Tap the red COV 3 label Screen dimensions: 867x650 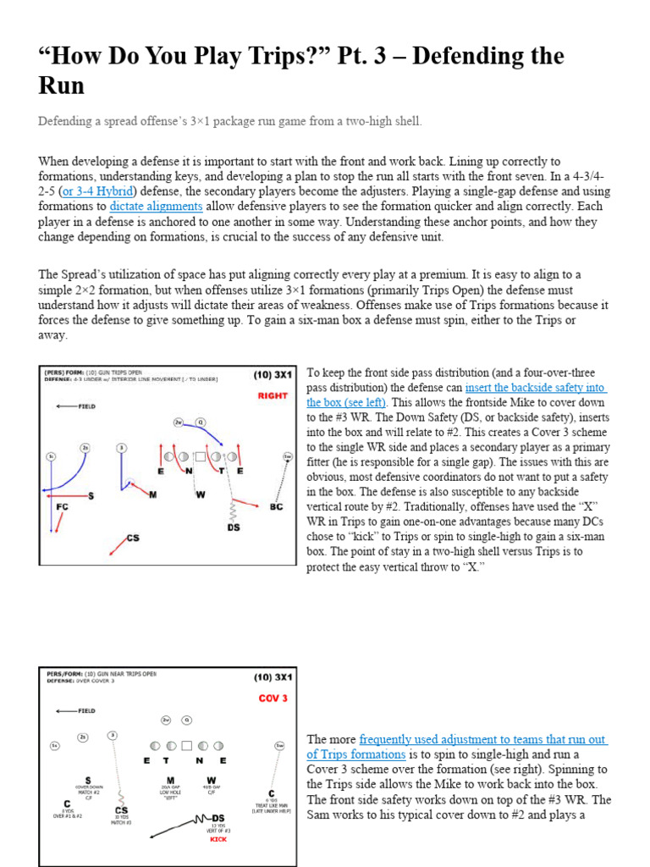[x=273, y=699]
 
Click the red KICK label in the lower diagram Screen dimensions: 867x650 [x=218, y=839]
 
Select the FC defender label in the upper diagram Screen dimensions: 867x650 [x=62, y=507]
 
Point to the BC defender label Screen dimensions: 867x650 [x=276, y=506]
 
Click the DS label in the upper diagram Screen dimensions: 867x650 [x=233, y=527]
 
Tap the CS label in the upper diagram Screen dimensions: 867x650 [x=132, y=538]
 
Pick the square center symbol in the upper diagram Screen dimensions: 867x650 [x=200, y=456]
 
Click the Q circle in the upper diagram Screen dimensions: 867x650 [x=200, y=421]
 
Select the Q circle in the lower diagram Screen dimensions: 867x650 [x=187, y=721]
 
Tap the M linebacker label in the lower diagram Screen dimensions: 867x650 [x=170, y=780]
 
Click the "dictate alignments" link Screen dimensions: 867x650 [x=156, y=206]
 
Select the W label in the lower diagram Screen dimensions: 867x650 [x=211, y=780]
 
